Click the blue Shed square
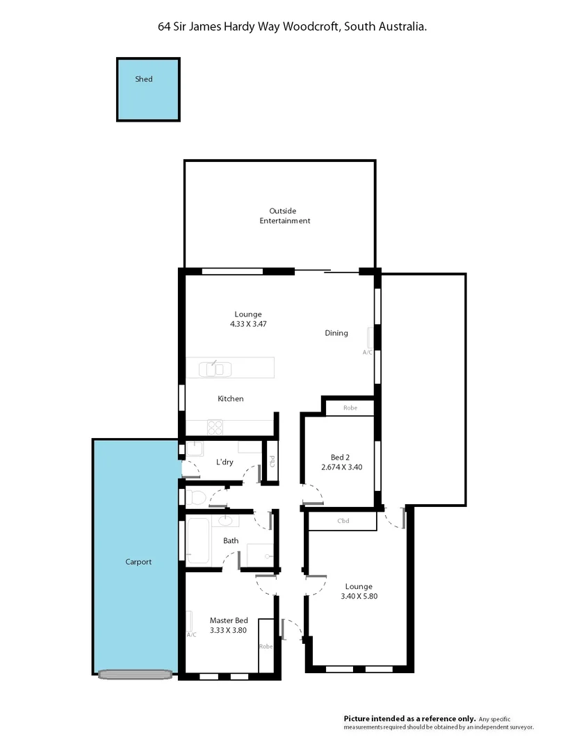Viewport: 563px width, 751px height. [x=148, y=90]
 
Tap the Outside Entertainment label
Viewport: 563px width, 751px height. [x=284, y=216]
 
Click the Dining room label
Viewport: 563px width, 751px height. [x=336, y=333]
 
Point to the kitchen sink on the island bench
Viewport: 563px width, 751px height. [x=214, y=369]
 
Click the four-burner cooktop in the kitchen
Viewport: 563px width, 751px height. [x=215, y=428]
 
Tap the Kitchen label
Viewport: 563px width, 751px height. [x=231, y=398]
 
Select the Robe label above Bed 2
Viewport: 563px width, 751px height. [x=350, y=407]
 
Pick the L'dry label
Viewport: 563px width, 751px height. [x=225, y=462]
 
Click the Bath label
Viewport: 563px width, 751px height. [x=231, y=540]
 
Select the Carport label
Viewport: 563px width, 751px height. [x=138, y=562]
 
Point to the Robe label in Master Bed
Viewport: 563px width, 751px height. [x=266, y=646]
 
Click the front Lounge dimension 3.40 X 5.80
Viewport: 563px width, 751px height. [x=358, y=596]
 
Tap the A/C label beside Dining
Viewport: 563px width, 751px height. [x=367, y=353]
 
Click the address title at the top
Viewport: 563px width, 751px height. [x=292, y=26]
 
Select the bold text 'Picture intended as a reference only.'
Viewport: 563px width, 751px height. [x=409, y=718]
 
